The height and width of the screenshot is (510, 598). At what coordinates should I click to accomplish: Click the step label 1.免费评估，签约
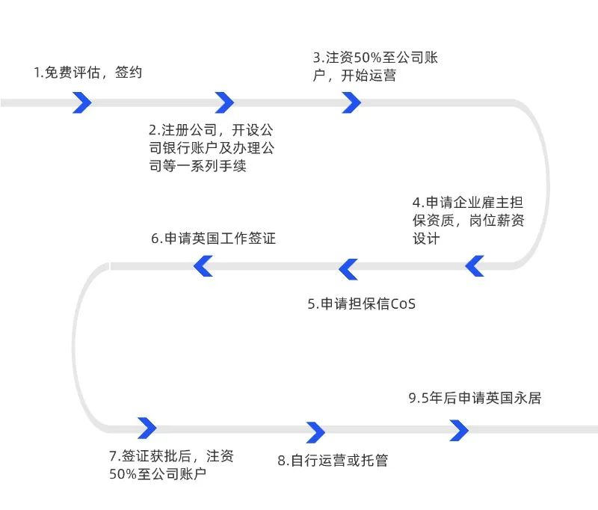(88, 73)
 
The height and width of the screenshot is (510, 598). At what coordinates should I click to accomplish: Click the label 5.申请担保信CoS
(361, 304)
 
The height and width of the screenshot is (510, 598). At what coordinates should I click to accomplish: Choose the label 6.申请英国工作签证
(213, 239)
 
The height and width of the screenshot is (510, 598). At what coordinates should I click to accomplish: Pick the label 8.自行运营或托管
(333, 461)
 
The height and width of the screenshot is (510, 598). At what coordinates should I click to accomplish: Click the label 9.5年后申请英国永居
(475, 398)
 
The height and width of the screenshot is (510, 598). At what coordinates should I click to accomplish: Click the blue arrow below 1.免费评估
(82, 102)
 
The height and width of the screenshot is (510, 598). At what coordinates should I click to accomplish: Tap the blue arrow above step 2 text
(224, 102)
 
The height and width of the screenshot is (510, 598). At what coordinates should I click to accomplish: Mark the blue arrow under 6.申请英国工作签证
(203, 265)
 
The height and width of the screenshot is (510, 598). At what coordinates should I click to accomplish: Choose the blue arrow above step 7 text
(147, 428)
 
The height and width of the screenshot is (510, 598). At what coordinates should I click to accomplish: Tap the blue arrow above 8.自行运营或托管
(316, 432)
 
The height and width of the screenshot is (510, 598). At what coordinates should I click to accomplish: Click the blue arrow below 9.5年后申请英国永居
(459, 430)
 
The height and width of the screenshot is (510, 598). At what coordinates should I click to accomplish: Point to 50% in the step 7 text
(123, 475)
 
